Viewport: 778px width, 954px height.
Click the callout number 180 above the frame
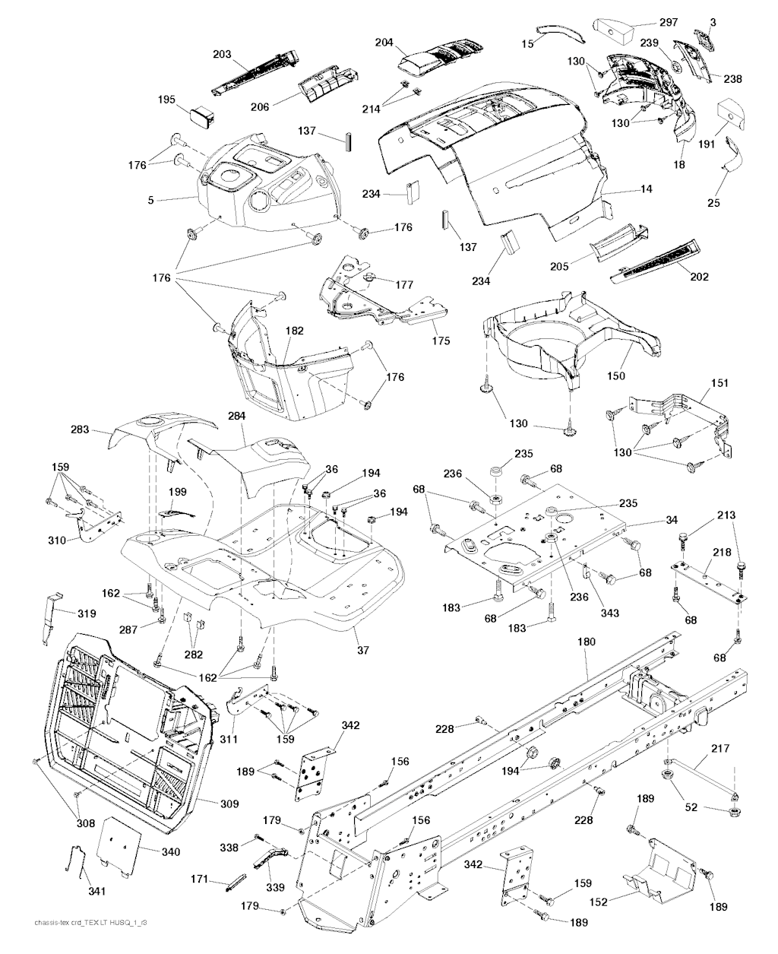click(x=587, y=642)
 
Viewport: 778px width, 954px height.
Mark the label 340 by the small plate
click(x=170, y=852)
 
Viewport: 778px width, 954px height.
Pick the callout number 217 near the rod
click(x=719, y=750)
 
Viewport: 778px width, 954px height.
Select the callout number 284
click(x=238, y=417)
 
